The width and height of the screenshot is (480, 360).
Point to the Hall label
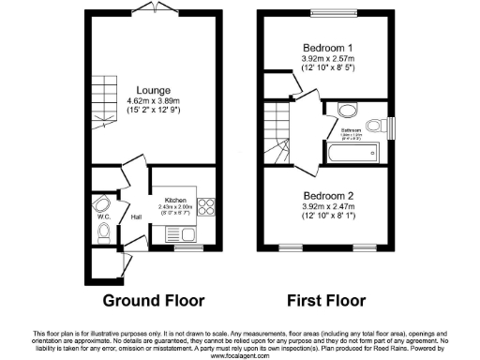coord(136,217)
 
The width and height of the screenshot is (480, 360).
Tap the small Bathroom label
coord(352,130)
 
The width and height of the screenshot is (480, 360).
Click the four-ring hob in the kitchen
coord(207,212)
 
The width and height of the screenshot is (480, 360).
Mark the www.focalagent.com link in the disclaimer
coord(240,355)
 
